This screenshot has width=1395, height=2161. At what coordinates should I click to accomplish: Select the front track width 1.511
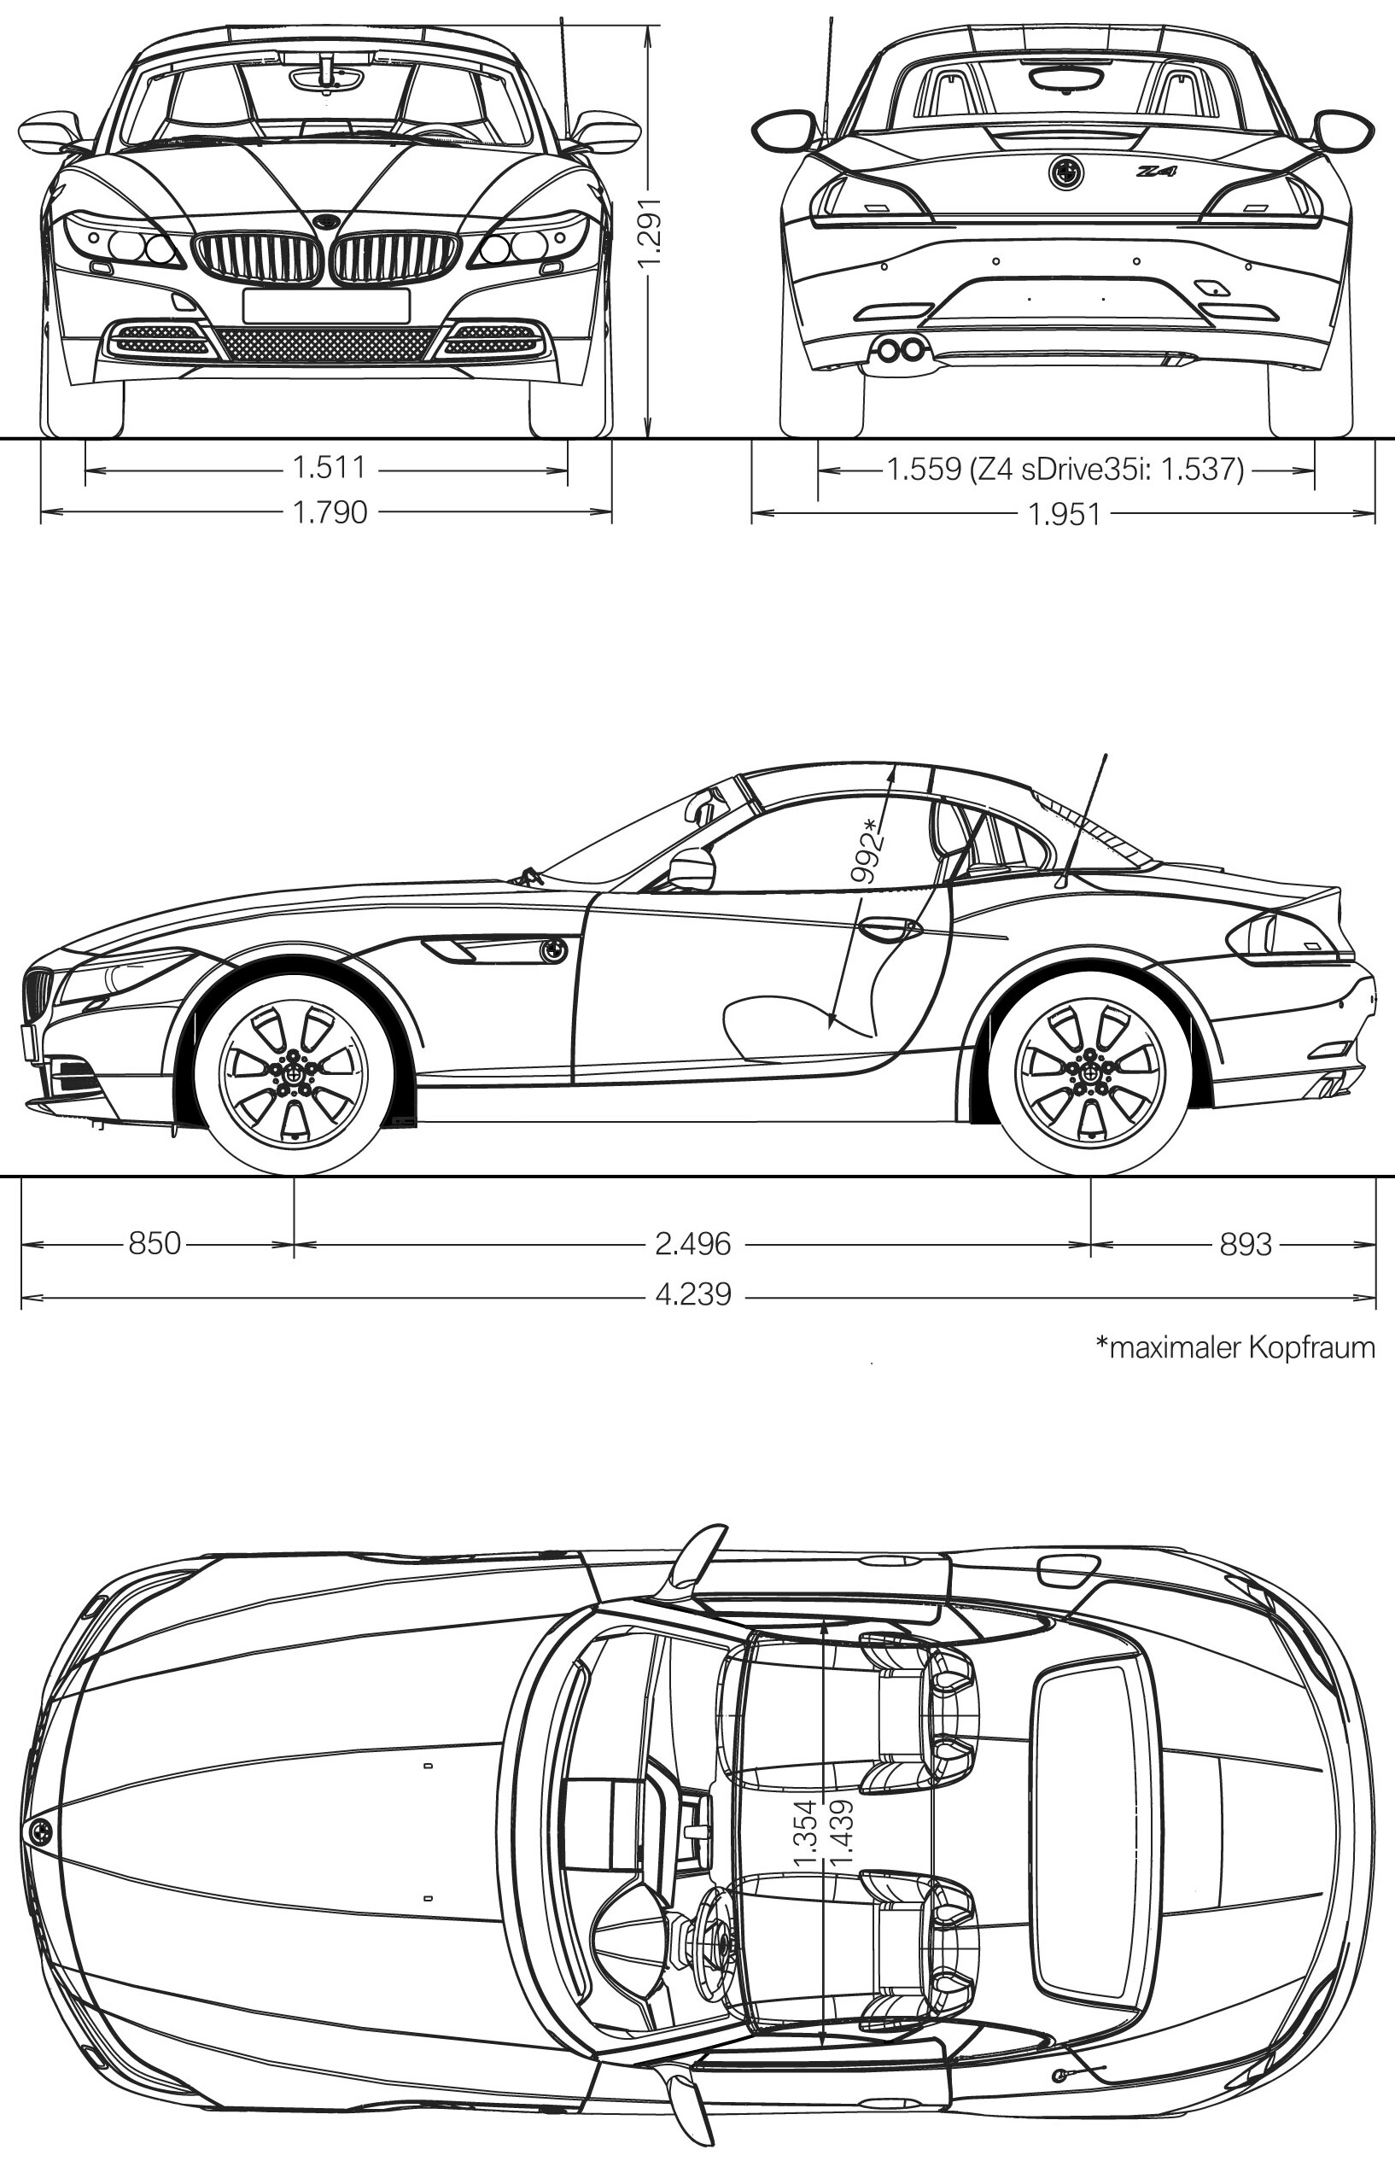[330, 468]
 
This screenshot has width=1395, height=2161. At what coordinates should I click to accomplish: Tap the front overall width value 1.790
[330, 512]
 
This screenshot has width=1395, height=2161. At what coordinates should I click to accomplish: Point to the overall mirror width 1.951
[1065, 515]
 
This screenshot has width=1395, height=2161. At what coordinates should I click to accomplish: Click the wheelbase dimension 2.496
[693, 1244]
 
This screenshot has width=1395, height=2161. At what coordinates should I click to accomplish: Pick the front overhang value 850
[155, 1243]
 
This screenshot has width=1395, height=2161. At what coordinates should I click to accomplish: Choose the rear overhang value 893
[1246, 1244]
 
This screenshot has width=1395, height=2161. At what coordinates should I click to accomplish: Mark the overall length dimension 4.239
[693, 1294]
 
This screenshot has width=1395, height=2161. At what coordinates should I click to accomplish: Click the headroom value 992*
[867, 850]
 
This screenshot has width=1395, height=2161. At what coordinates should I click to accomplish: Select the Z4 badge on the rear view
[1157, 170]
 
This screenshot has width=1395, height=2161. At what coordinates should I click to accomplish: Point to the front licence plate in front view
[326, 305]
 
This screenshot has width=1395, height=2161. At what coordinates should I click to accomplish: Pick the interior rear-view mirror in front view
[327, 78]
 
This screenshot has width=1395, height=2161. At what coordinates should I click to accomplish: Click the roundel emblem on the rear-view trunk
[1066, 172]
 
